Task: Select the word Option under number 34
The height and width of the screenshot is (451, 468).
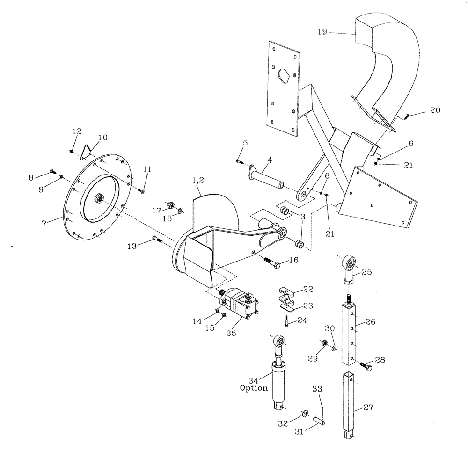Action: click(254, 388)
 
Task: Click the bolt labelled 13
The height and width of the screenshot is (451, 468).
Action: click(157, 240)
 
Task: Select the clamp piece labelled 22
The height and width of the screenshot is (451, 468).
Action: click(286, 295)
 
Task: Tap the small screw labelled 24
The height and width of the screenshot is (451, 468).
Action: click(284, 321)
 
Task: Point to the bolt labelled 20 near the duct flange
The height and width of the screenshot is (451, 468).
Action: click(409, 116)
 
